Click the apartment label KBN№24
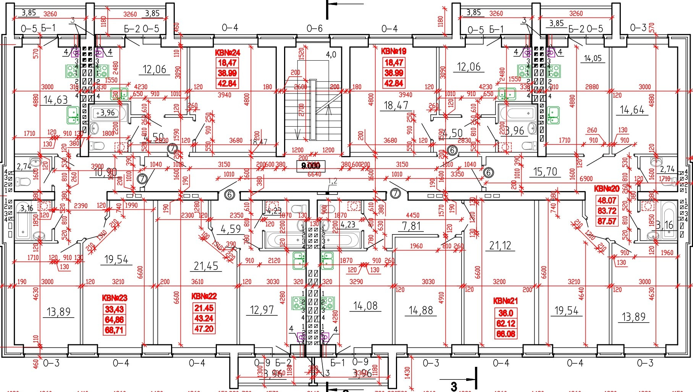pyautogui.click(x=227, y=53)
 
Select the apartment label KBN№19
pyautogui.click(x=394, y=51)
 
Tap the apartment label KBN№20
pyautogui.click(x=607, y=189)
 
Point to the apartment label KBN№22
pyautogui.click(x=204, y=296)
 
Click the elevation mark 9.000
pyautogui.click(x=311, y=165)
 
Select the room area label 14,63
pyautogui.click(x=55, y=100)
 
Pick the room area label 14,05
pyautogui.click(x=593, y=58)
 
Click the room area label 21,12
pyautogui.click(x=500, y=246)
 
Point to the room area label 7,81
pyautogui.click(x=411, y=227)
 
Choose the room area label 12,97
pyautogui.click(x=262, y=310)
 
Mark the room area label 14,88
pyautogui.click(x=421, y=310)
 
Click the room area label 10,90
pyautogui.click(x=105, y=172)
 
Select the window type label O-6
pyautogui.click(x=315, y=28)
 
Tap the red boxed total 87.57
pyautogui.click(x=607, y=221)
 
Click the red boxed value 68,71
pyautogui.click(x=114, y=330)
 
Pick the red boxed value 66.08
pyautogui.click(x=506, y=334)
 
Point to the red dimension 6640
pyautogui.click(x=314, y=174)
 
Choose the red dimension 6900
pyautogui.click(x=586, y=178)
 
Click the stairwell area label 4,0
pyautogui.click(x=331, y=55)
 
